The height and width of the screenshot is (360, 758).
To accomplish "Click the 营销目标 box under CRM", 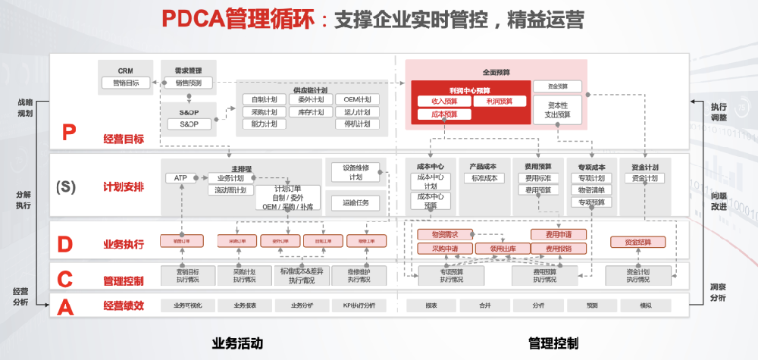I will (x=125, y=83).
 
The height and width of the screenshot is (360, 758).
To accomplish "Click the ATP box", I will (x=180, y=178).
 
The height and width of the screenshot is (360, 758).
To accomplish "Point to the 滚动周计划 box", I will (x=230, y=190).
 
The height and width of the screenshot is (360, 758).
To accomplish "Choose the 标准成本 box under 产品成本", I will (x=484, y=178).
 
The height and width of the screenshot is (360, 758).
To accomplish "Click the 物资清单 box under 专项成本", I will (x=590, y=190).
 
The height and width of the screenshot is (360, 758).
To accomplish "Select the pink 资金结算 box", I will (x=638, y=242).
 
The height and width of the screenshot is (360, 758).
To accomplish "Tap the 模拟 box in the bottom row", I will (x=645, y=305).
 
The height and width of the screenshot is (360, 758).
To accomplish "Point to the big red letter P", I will (x=69, y=133).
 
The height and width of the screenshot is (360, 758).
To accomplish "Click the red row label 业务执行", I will (x=124, y=244).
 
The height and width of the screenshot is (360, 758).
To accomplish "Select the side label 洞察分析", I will (x=718, y=293).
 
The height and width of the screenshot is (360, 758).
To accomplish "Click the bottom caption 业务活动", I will (x=237, y=343).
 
